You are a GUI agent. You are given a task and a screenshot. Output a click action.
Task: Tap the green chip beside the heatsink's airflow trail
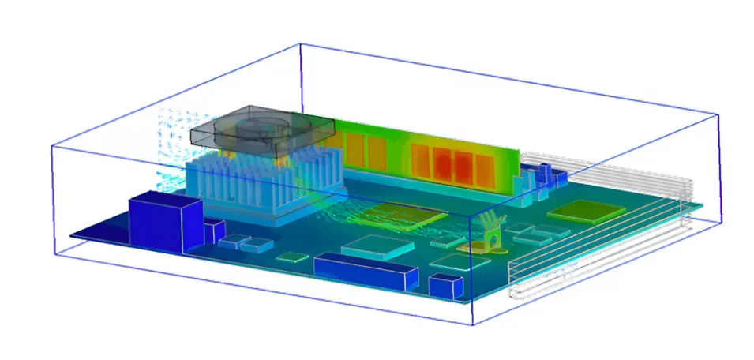coord(407,213)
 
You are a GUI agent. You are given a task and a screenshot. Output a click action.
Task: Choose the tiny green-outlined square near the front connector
coord(294,257)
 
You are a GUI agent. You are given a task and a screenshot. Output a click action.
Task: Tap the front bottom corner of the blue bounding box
coord(471,325)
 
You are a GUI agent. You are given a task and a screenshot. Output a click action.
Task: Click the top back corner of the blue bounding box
coord(301,44)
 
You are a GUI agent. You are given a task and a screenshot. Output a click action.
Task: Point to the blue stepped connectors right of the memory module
coord(545,178)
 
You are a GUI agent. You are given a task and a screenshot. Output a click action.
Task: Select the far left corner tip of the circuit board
coord(70,235)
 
